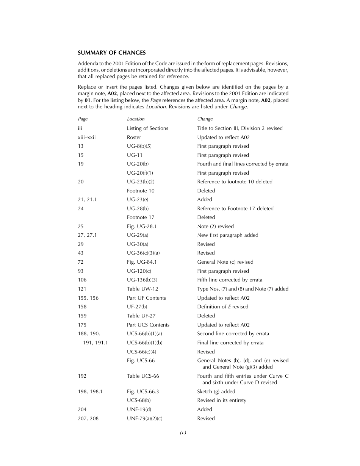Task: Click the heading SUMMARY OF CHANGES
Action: point(111,53)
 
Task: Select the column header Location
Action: point(136,119)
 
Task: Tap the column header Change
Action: point(205,119)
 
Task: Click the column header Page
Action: point(83,119)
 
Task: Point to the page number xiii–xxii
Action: point(87,137)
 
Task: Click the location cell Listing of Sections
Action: point(147,128)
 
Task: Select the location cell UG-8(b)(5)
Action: point(140,146)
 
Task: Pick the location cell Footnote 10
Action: point(141,191)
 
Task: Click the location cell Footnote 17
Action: point(141,217)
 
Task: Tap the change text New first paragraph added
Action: point(227,235)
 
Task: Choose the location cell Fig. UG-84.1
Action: point(142,262)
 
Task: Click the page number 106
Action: point(82,280)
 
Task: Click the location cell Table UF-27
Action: point(141,316)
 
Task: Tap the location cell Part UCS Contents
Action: point(148,325)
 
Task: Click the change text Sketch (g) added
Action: point(216,391)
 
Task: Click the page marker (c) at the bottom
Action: point(183,433)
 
